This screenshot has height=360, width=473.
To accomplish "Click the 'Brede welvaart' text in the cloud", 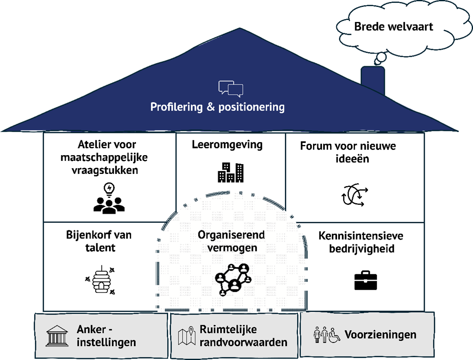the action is click(393, 27).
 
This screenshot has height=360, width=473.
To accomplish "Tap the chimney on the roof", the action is click(373, 80).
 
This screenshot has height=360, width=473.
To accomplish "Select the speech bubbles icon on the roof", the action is click(231, 89).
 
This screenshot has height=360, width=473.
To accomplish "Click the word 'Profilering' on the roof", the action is click(176, 107).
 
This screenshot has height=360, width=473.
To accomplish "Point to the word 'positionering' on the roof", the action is click(251, 107).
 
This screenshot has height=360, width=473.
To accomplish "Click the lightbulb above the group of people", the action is click(109, 189).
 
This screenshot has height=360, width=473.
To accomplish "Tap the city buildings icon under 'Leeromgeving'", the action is click(231, 172).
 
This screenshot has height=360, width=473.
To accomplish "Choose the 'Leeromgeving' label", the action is click(227, 145).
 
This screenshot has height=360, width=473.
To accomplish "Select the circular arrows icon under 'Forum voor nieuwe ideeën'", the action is click(355, 195).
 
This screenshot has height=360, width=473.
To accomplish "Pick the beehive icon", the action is click(100, 280).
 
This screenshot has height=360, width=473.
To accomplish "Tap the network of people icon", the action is click(233, 280).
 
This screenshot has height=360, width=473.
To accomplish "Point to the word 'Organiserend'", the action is click(231, 235).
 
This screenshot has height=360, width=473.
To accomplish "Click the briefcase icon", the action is click(366, 280).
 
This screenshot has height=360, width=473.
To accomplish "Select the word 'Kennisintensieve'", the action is click(361, 236).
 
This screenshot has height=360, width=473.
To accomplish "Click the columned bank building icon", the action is click(57, 336).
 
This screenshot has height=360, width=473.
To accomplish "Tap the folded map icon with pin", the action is click(187, 336).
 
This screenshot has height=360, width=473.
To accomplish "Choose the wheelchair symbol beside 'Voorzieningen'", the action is click(334, 335).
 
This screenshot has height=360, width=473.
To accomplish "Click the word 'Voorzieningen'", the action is click(380, 335).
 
